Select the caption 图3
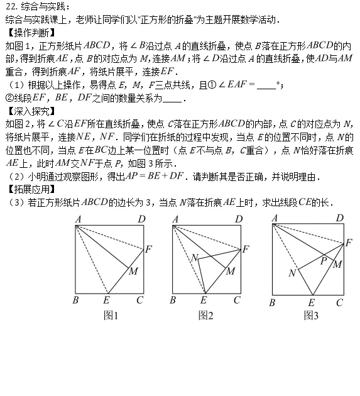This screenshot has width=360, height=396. click(x=311, y=316)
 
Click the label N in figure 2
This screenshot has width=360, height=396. click(x=194, y=258)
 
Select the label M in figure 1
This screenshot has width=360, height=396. click(x=133, y=272)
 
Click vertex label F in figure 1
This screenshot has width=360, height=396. click(x=148, y=250)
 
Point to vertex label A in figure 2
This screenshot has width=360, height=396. click(x=175, y=219)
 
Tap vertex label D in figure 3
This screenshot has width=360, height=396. click(x=340, y=218)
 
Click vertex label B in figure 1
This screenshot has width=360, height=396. click(x=75, y=300)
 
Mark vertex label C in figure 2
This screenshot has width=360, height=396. click(x=237, y=300)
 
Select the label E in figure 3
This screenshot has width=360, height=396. click(x=310, y=302)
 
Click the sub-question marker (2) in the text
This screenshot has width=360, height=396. click(x=11, y=177)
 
